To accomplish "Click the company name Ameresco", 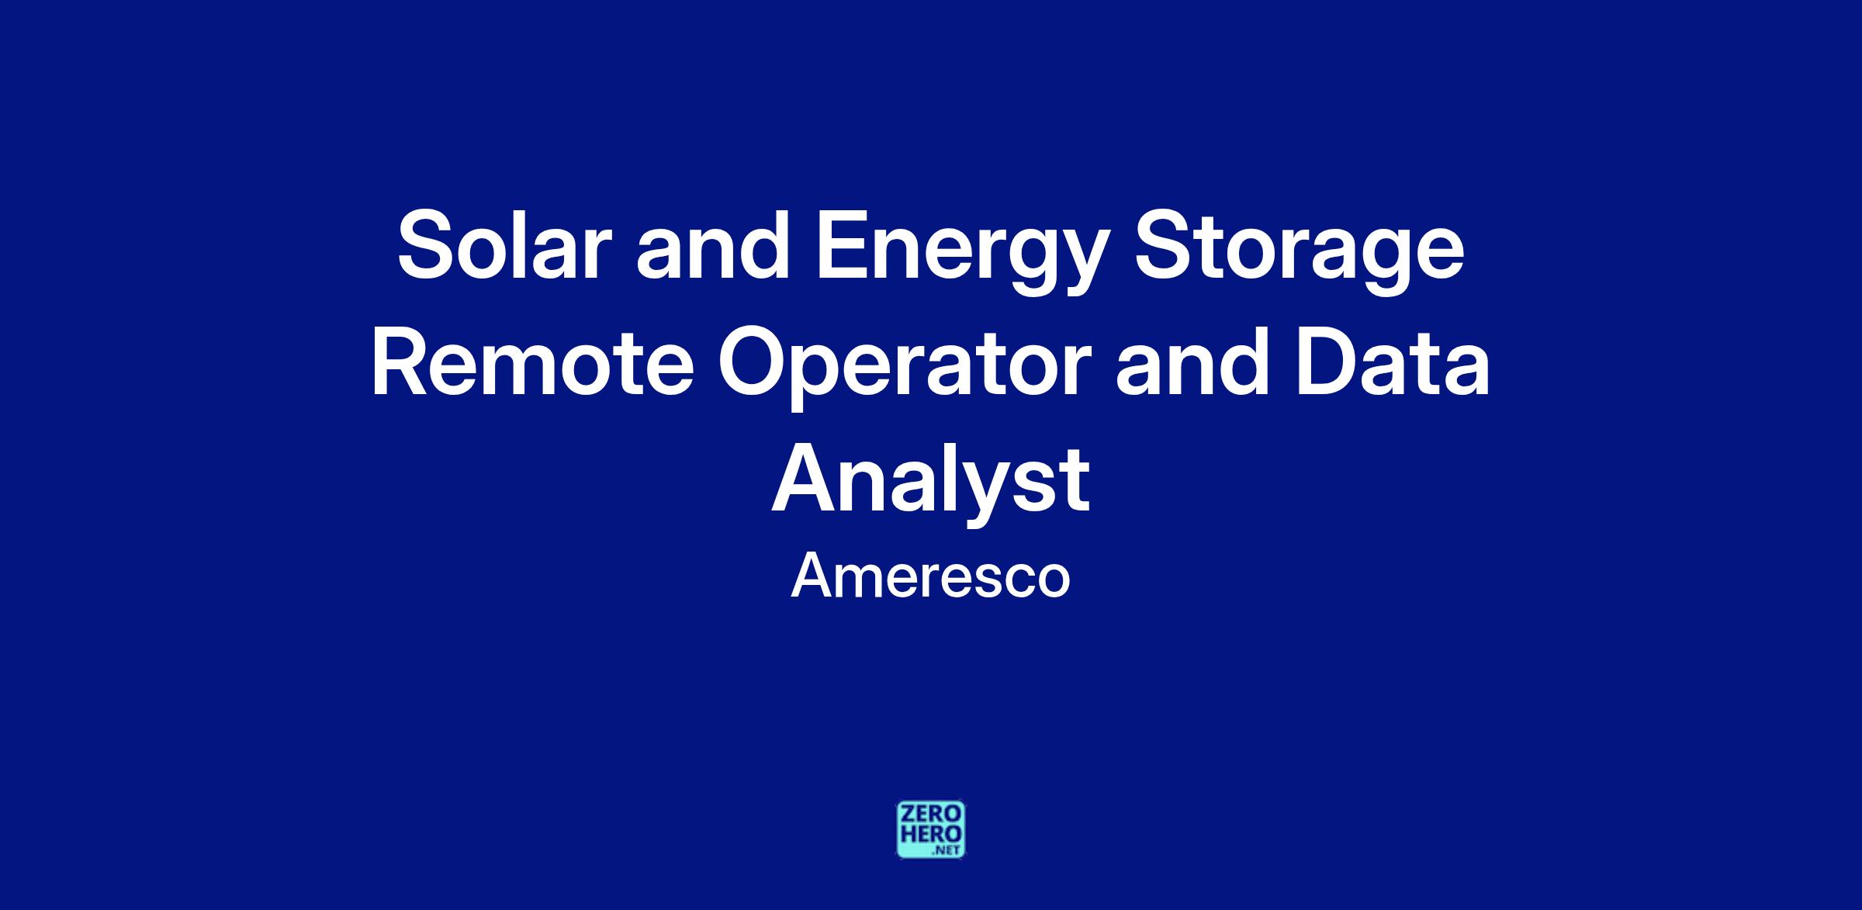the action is pyautogui.click(x=930, y=576).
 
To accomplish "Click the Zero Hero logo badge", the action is pyautogui.click(x=931, y=829).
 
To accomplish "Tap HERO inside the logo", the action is pyautogui.click(x=931, y=834).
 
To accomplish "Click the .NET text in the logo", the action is pyautogui.click(x=948, y=850).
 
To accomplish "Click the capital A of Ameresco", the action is pyautogui.click(x=812, y=576).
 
